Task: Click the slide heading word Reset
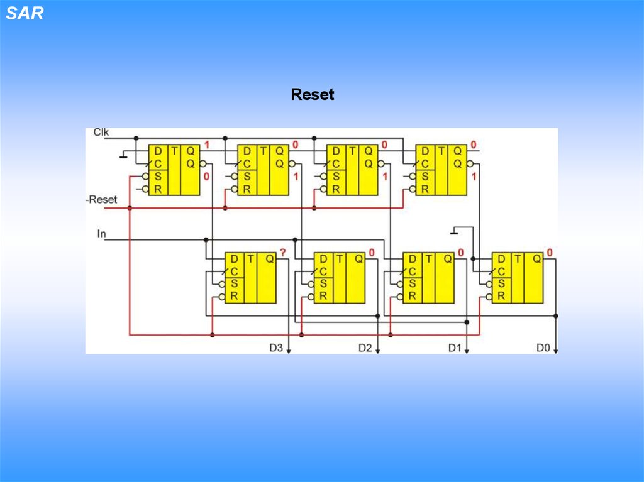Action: (x=312, y=95)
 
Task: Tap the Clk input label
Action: (x=101, y=132)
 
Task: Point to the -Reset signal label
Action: (x=101, y=199)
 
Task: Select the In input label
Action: (x=101, y=234)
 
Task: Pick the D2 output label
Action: (x=365, y=348)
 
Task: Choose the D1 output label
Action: (x=455, y=348)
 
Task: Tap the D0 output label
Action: (x=543, y=348)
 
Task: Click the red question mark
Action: (x=283, y=253)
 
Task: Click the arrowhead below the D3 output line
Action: (x=289, y=351)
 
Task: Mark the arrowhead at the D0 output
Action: (x=556, y=351)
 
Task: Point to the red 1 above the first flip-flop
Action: (x=206, y=145)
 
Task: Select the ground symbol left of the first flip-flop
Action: (x=123, y=155)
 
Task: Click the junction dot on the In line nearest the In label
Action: (x=206, y=239)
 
